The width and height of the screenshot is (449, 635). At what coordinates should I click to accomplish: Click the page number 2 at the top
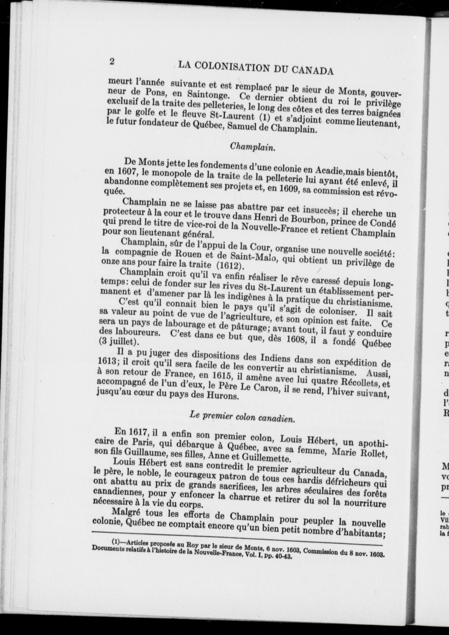pos(112,61)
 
